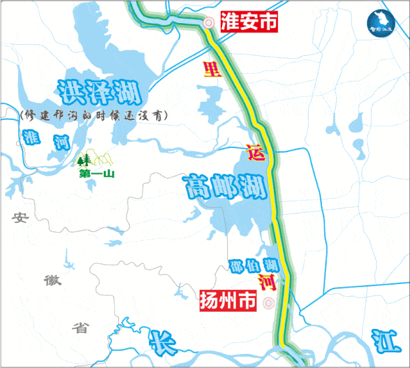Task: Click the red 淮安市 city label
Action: click(249, 22)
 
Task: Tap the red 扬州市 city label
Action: click(228, 301)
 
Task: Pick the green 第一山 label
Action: click(96, 173)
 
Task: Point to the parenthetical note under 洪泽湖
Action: click(94, 115)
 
